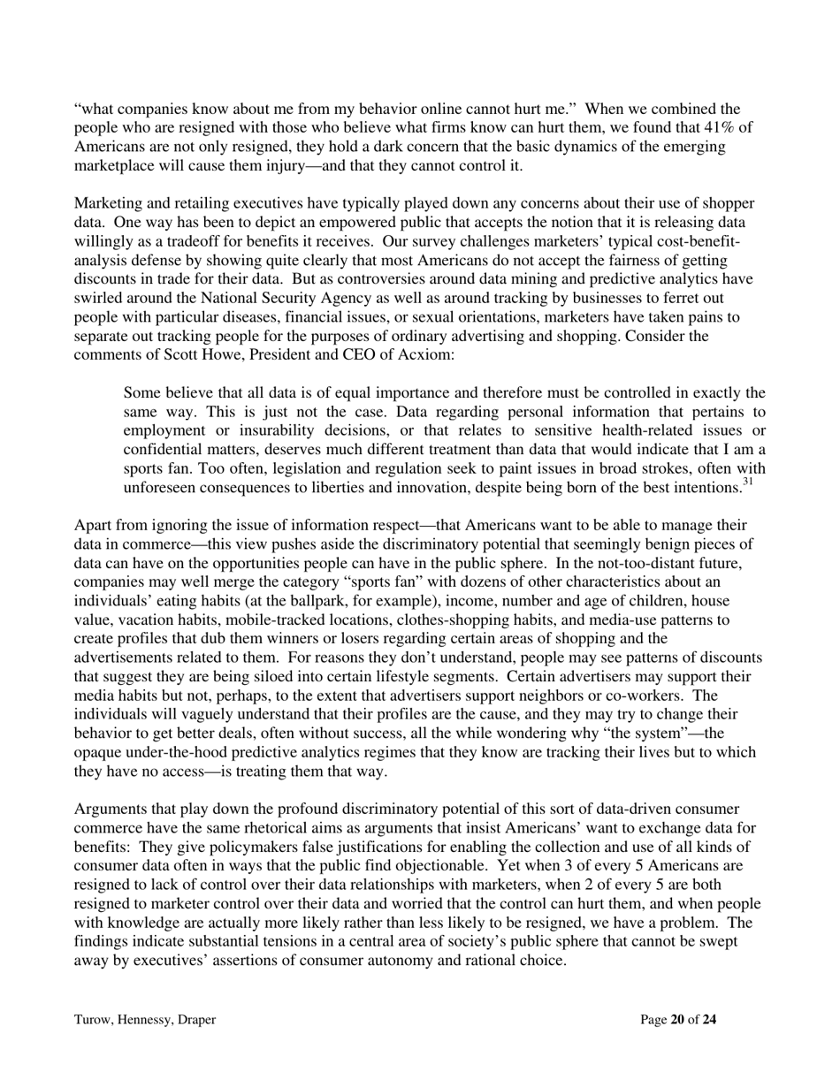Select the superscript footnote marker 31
[x=746, y=483]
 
